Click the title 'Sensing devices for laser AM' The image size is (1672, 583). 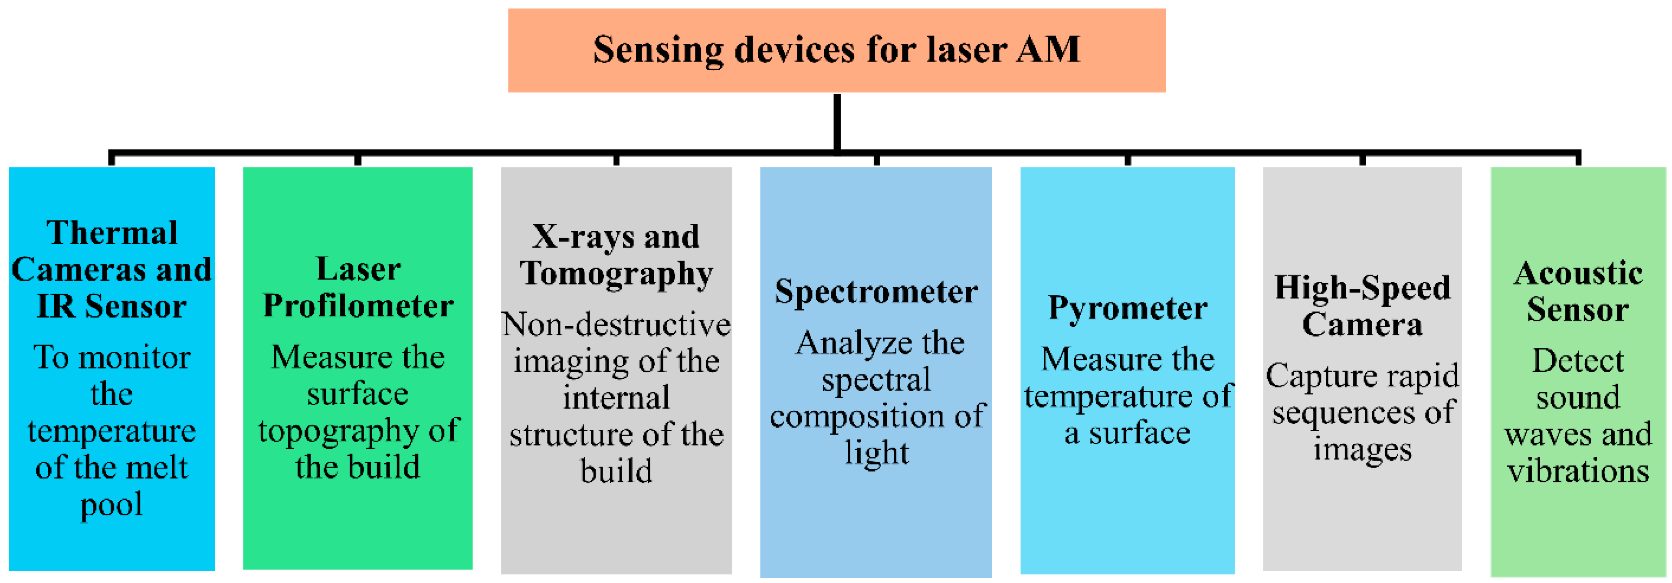point(836,49)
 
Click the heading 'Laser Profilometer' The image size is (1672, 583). point(357,288)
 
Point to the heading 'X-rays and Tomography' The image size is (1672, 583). point(616,255)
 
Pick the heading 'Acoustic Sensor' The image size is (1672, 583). point(1577,291)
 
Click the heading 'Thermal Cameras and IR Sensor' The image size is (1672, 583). point(111,269)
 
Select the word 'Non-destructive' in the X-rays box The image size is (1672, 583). point(616,324)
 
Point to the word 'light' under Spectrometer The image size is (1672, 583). point(876,452)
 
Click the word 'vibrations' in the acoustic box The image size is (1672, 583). point(1577,471)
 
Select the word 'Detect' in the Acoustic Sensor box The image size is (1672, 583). point(1577,361)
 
